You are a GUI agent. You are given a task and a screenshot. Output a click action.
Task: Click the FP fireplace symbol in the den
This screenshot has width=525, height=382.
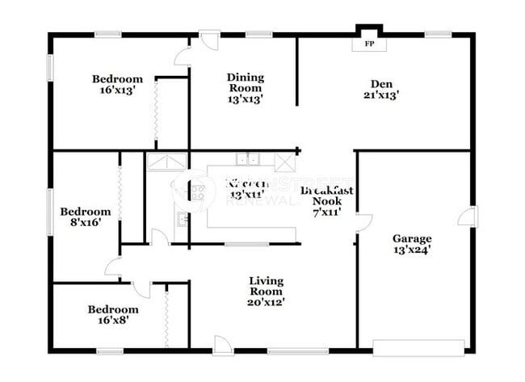point(369,44)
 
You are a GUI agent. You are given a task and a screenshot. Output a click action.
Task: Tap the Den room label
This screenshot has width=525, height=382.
point(380,82)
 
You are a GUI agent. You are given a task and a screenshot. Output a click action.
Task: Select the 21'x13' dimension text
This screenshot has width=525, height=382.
point(380,94)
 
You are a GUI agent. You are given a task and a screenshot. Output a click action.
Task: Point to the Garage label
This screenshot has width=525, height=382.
point(412,238)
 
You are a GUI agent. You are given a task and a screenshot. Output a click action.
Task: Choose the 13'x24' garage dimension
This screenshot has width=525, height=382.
point(412,250)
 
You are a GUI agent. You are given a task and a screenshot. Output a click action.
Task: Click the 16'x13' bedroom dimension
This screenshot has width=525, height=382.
point(117,90)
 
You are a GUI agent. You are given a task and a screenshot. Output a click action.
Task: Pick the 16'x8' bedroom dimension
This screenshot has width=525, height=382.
point(113,321)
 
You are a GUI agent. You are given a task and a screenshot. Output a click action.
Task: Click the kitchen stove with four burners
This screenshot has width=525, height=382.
point(196,192)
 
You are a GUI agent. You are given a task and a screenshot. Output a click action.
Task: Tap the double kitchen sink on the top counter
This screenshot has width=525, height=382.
point(247,159)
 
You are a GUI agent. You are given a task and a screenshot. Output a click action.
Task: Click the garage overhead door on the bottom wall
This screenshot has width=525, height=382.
point(418,348)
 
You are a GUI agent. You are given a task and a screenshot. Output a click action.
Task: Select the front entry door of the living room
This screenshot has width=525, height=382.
point(223,346)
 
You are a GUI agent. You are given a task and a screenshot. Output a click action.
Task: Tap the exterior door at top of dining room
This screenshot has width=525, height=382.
point(209,40)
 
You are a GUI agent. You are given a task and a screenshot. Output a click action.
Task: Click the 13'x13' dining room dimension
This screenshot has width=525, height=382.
point(245,100)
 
